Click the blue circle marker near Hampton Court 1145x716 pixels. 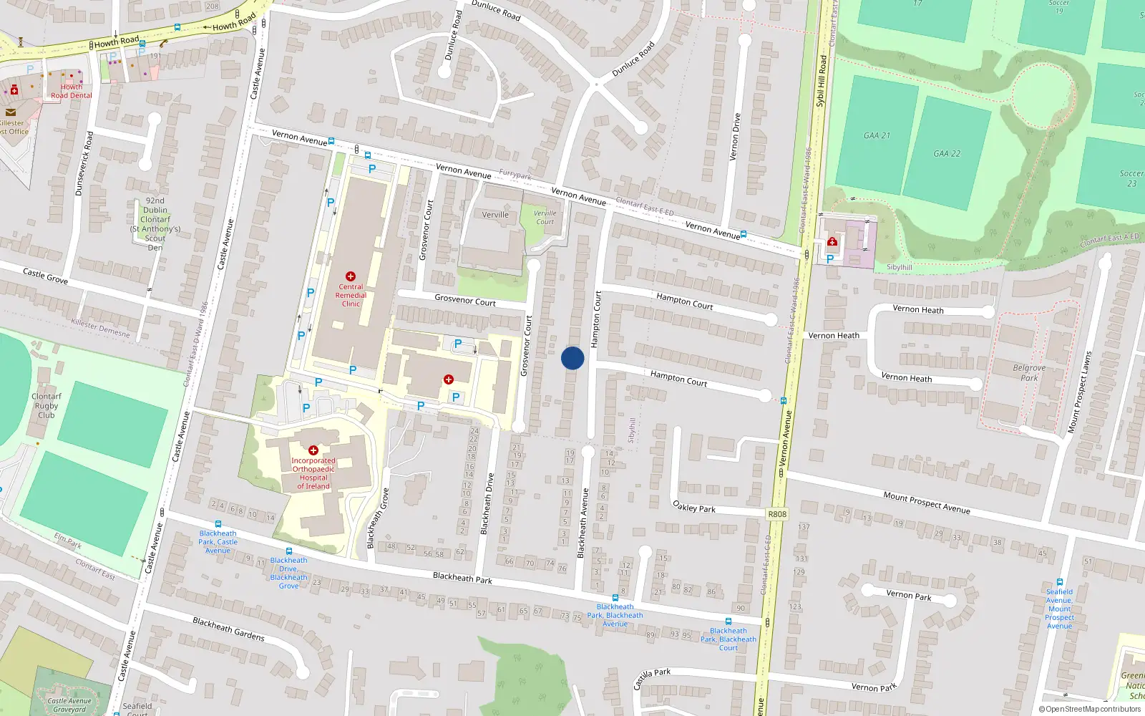(x=572, y=358)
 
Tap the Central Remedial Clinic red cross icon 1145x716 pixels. (x=351, y=276)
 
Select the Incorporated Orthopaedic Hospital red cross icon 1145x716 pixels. (x=313, y=450)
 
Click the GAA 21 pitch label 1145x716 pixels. (x=877, y=135)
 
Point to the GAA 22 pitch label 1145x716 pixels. (x=947, y=153)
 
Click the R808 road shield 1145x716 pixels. (x=776, y=514)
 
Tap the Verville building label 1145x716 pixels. (x=495, y=215)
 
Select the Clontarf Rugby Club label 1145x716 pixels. (x=47, y=405)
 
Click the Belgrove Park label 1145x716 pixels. (x=1029, y=372)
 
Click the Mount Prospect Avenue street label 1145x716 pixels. (x=927, y=503)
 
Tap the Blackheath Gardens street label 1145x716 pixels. (x=228, y=629)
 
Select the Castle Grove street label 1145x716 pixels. (x=46, y=276)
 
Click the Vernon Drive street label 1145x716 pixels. (x=735, y=137)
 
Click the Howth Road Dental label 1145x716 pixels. (x=72, y=91)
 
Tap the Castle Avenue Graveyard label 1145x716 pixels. (x=69, y=705)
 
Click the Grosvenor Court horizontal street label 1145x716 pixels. (x=465, y=301)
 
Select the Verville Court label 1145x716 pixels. (x=545, y=217)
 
